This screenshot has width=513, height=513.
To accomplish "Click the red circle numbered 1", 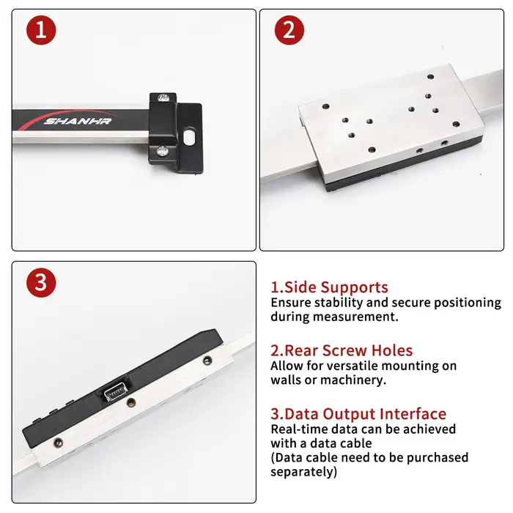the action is (x=41, y=30).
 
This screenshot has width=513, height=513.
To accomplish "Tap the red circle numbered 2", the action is (x=289, y=30).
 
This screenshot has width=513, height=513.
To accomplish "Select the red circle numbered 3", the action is (x=41, y=283).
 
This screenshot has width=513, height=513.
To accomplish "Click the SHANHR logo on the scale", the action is (x=78, y=122).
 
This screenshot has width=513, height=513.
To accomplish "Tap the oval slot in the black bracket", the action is (x=189, y=137).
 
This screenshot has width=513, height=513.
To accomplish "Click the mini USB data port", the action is (x=115, y=392).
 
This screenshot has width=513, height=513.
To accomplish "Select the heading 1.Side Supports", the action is (x=329, y=287).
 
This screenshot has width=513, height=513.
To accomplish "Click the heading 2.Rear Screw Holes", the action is (x=342, y=350).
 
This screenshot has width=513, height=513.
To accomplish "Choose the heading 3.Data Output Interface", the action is (x=358, y=414).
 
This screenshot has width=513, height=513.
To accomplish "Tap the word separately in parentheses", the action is (x=303, y=472).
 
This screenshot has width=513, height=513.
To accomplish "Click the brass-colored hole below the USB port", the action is (x=130, y=402).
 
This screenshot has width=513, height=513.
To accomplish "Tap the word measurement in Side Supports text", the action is (x=355, y=317).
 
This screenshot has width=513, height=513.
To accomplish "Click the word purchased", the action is (x=438, y=458).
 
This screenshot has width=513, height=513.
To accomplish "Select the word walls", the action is (x=286, y=380).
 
